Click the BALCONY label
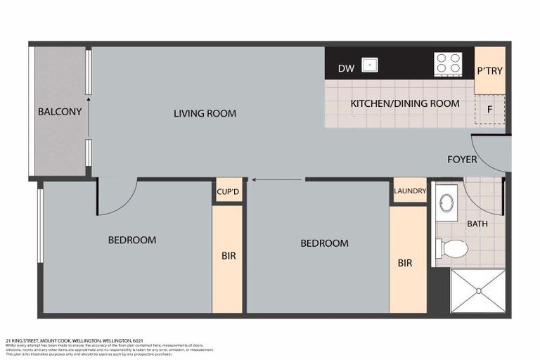60,112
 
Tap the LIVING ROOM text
205,113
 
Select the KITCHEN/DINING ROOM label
405,103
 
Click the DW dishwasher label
345,68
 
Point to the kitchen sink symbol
370,65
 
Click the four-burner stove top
448,63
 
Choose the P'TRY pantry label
489,71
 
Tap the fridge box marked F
490,110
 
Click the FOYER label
462,160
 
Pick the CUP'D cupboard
229,191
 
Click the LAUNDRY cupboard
409,191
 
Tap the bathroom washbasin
446,203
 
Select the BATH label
477,224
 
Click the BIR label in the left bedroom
229,256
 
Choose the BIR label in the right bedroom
405,263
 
